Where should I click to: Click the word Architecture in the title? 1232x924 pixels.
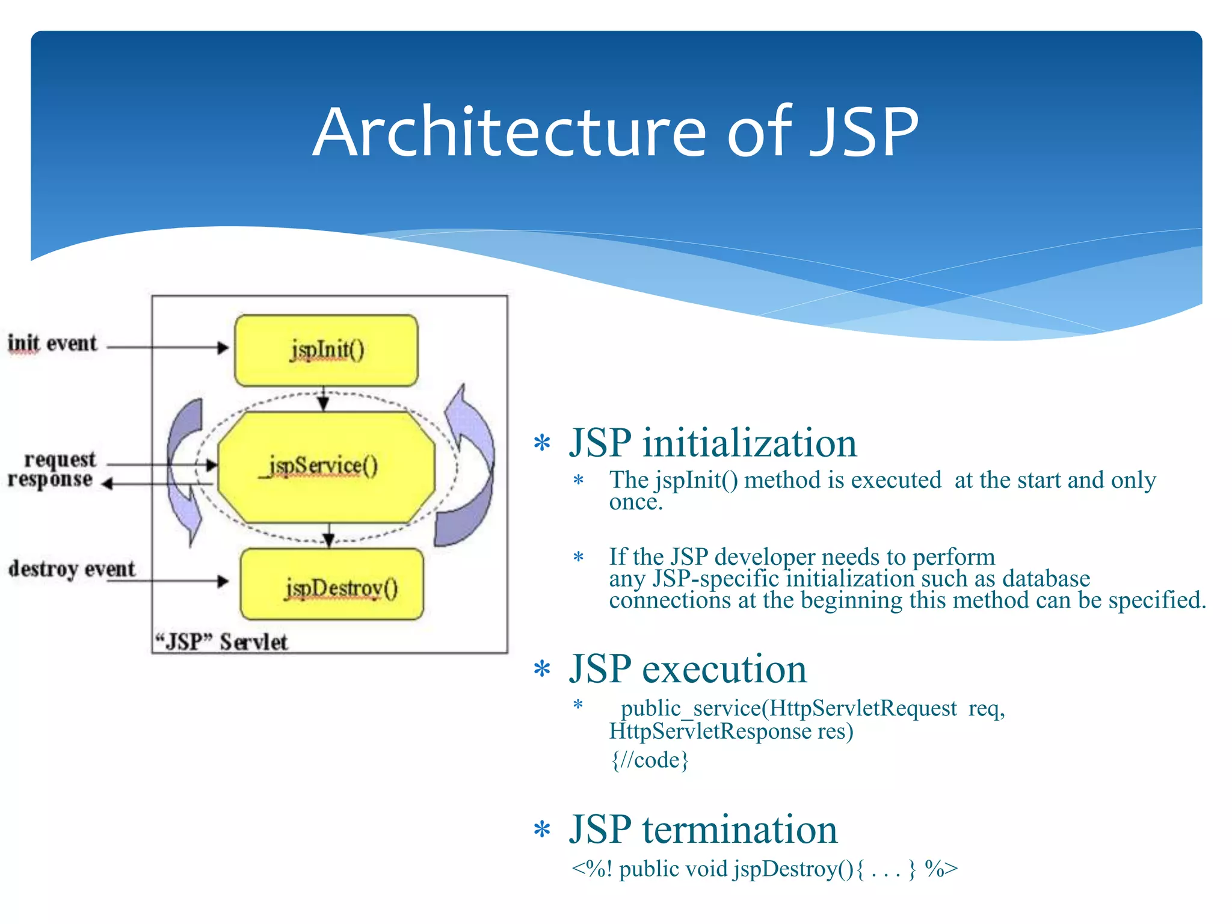point(509,132)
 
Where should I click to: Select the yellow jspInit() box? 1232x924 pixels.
point(326,350)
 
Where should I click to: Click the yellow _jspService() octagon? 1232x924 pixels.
point(326,466)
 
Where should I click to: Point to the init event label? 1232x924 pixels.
point(52,343)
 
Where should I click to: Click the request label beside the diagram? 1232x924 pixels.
point(60,460)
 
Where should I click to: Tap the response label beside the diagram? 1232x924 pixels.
point(51,480)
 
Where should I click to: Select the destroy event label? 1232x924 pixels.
point(72,568)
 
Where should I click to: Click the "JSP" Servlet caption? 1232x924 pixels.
point(221,642)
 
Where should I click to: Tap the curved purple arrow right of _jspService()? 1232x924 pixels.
point(467,469)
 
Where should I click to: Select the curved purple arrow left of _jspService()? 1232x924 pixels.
point(184,469)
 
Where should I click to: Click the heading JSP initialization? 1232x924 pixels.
point(713,443)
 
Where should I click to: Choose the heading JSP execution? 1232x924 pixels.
point(688,669)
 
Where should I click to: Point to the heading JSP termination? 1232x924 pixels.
point(703,830)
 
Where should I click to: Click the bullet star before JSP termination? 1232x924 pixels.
point(542,830)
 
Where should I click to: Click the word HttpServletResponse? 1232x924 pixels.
point(710,731)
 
